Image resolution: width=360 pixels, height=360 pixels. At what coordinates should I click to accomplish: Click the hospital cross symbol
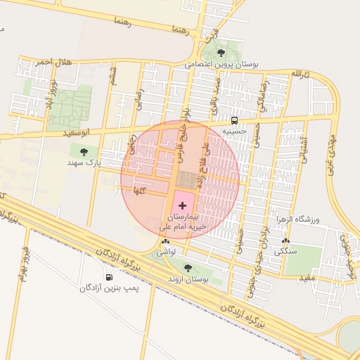[x=183, y=205]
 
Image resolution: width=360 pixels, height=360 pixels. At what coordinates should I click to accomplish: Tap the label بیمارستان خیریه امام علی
[x=183, y=221]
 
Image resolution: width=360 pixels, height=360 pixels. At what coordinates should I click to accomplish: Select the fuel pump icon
[x=109, y=276]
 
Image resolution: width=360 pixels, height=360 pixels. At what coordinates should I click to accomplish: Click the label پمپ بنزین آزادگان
[x=109, y=288]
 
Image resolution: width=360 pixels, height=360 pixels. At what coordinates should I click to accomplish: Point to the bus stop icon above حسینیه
[x=234, y=120]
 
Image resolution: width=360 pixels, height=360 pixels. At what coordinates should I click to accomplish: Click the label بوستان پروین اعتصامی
[x=221, y=64]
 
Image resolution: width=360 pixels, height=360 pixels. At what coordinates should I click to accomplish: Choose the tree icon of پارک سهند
[x=84, y=151]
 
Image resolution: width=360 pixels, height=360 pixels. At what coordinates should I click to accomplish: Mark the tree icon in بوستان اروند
[x=188, y=267]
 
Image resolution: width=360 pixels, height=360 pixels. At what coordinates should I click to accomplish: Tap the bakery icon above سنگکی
[x=285, y=240]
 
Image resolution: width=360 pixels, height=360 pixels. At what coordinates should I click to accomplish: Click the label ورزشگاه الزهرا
[x=297, y=220]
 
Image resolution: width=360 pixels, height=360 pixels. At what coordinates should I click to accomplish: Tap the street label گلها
[x=140, y=191]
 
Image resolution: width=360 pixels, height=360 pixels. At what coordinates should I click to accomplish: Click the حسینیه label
[x=234, y=131]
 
